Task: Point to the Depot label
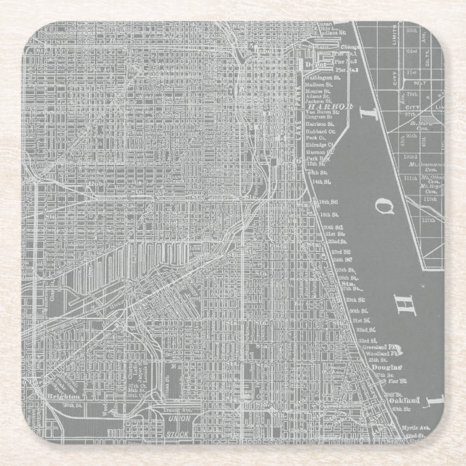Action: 312,64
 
